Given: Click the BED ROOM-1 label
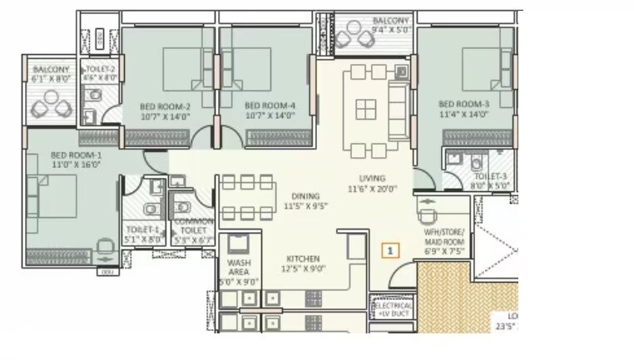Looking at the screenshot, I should pos(75,155).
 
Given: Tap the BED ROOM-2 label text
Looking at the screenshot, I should pos(165,106).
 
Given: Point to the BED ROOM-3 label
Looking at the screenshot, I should pos(463,104).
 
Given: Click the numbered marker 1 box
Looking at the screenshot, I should pos(391,249).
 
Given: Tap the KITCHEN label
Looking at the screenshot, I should pos(300,259).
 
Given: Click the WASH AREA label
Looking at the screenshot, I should pos(235,265).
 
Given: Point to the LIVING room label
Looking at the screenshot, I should pos(372,178).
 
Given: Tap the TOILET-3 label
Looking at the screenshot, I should pos(490,177).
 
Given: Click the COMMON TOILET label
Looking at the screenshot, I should pos(192,225).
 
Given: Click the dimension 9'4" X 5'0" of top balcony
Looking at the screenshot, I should pos(390,29).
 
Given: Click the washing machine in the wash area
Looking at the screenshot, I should pos(237,244).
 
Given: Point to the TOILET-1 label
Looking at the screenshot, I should pos(142,229).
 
